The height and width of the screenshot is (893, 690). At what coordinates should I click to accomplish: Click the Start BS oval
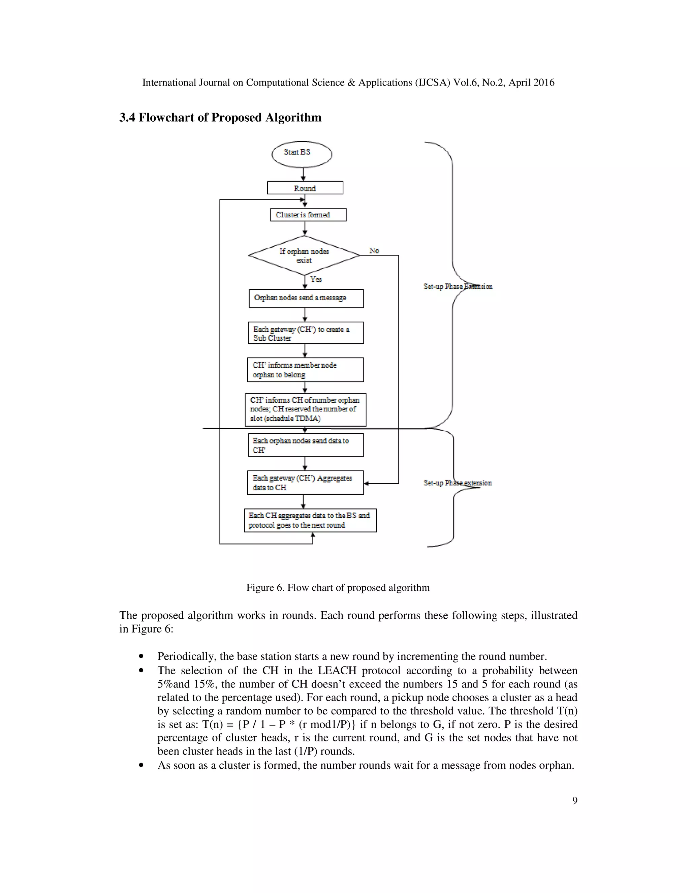(x=302, y=154)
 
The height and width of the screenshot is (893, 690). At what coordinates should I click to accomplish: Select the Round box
(x=305, y=188)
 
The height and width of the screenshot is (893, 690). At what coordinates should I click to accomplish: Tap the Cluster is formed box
(x=308, y=215)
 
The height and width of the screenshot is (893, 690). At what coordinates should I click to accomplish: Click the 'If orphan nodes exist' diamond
(x=304, y=255)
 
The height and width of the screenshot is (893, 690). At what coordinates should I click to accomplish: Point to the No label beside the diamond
(x=374, y=251)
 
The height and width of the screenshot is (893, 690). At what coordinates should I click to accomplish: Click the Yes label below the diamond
(x=316, y=279)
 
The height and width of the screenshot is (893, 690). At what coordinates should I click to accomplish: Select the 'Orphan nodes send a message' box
(x=306, y=299)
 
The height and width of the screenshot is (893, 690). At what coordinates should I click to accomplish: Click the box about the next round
(x=310, y=520)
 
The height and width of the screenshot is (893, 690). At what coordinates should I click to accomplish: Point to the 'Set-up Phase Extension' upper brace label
(x=458, y=286)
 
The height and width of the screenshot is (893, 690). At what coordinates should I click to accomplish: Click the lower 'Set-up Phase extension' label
(x=458, y=483)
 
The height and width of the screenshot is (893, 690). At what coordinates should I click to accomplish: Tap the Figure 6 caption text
(x=338, y=588)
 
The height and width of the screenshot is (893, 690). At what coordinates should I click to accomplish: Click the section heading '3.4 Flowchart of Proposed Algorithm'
(x=220, y=117)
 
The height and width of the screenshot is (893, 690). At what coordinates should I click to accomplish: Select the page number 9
(x=574, y=801)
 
